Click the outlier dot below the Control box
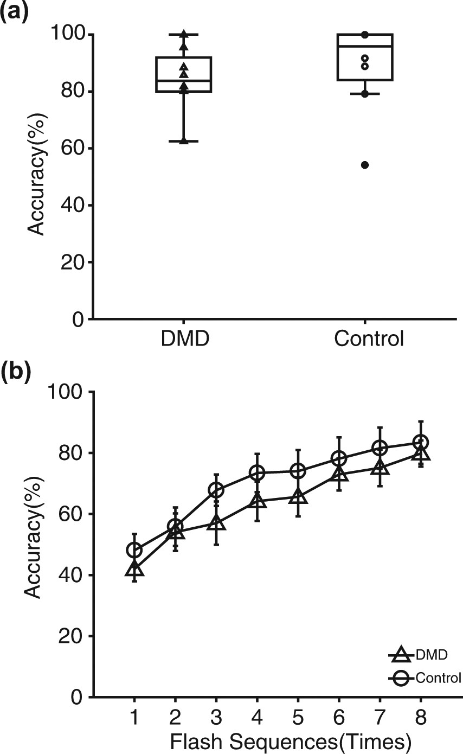(x=365, y=165)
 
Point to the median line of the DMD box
(x=184, y=80)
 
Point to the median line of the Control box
(x=365, y=47)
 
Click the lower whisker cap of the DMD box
(x=184, y=141)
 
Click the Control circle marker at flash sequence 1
(x=134, y=550)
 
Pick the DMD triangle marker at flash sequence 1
(x=134, y=569)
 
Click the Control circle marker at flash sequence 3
(x=216, y=490)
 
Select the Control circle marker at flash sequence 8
(x=421, y=442)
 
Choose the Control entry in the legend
(x=426, y=678)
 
